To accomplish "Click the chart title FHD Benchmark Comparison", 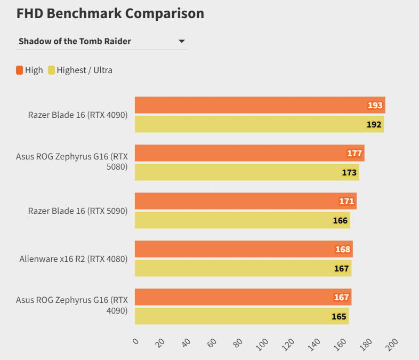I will click(110, 13).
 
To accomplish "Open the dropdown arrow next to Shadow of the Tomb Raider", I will click(181, 41).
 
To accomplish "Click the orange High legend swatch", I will click(20, 70).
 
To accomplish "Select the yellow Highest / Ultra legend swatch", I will click(52, 70).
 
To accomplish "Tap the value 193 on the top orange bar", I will click(375, 105).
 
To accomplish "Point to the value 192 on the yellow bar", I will click(374, 124).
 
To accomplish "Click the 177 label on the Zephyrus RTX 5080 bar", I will click(354, 153).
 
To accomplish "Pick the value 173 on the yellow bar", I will click(349, 172).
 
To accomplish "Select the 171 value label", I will click(347, 201).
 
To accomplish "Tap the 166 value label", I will click(340, 220).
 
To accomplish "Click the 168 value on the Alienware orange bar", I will click(343, 249).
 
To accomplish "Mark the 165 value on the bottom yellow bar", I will click(339, 316).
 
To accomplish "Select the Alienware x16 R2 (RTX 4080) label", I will click(74, 259).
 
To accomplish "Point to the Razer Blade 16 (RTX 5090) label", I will click(78, 211).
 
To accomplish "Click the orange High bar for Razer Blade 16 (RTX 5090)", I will click(240, 201).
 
